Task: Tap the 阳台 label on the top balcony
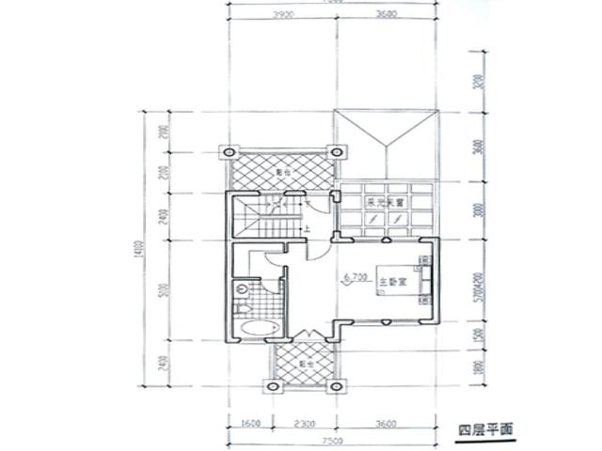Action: [x=281, y=173]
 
